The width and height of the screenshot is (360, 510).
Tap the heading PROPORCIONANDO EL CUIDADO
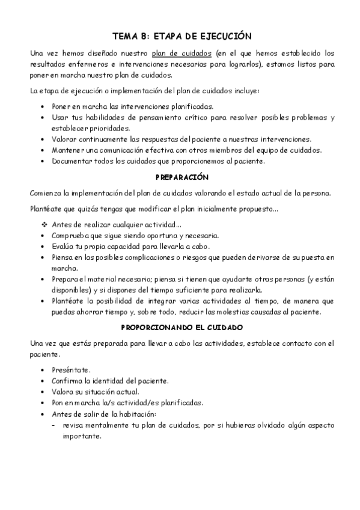[x=181, y=327]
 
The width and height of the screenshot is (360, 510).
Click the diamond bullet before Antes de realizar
[x=44, y=224]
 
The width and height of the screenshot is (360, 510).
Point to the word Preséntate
[x=71, y=370]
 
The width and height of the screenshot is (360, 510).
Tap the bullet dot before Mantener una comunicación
[x=42, y=150]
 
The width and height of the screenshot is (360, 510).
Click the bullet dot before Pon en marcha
[x=42, y=403]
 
